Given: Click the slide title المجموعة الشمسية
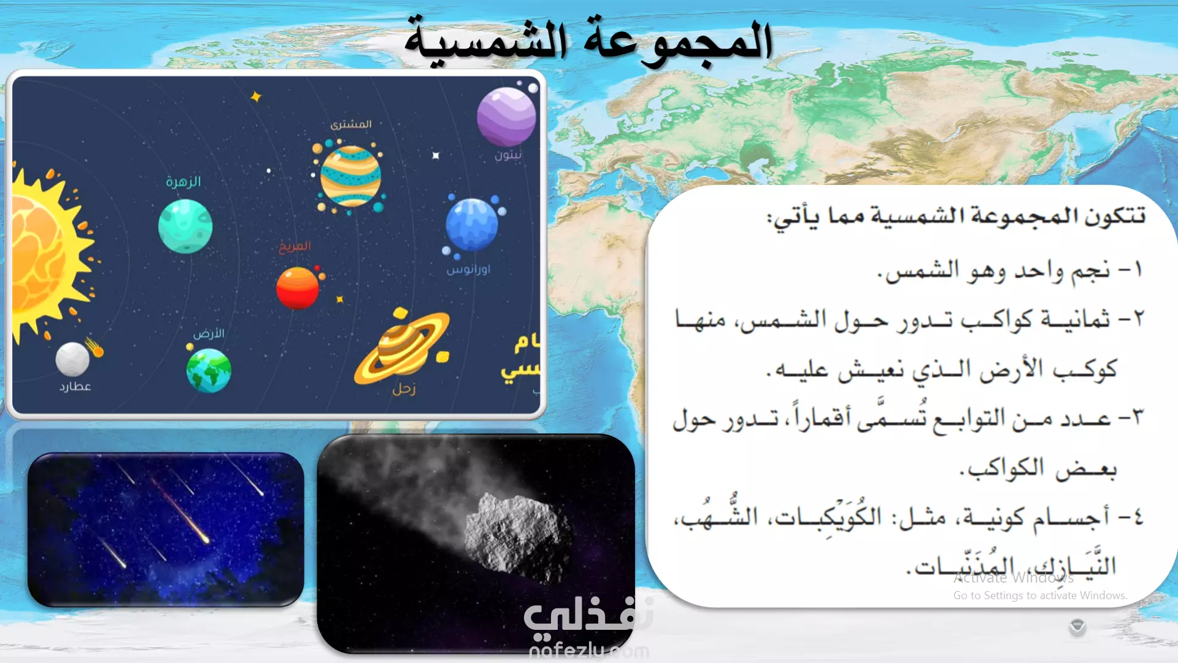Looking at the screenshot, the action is click(588, 41).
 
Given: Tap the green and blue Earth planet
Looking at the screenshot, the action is click(209, 370).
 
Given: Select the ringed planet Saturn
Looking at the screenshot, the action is click(402, 347).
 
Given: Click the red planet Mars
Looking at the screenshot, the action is click(298, 288).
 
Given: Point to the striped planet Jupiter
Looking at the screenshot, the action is click(350, 176).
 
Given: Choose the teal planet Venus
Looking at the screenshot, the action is click(185, 226).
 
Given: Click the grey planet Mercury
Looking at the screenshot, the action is click(72, 359).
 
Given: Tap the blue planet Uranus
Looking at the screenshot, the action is click(472, 224).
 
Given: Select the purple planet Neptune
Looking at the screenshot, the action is click(506, 117).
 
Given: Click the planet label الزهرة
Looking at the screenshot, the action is click(183, 182).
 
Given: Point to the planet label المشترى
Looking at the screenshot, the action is click(351, 124).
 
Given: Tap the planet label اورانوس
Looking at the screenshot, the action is click(469, 269).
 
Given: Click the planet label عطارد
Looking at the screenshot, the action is click(75, 386).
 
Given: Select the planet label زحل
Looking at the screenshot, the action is click(404, 389).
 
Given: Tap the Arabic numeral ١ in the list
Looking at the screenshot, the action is click(1138, 269).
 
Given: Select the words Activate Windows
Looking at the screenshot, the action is click(1014, 578).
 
